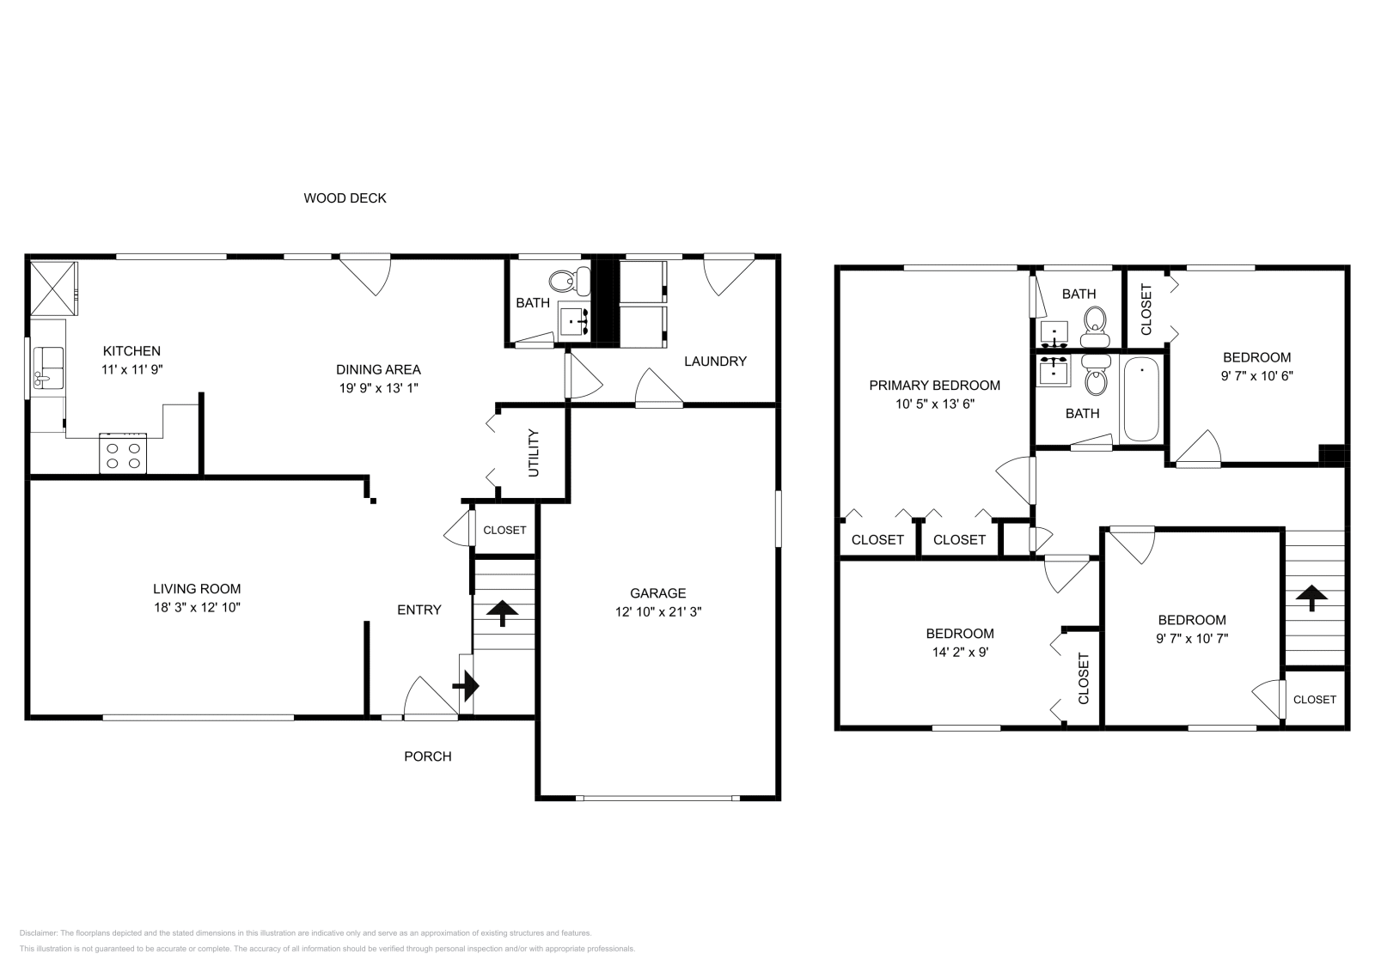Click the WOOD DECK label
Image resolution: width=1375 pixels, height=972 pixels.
[x=345, y=198]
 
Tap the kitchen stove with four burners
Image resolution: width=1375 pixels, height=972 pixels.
[x=123, y=453]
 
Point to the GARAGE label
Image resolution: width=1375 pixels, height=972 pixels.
[x=657, y=593]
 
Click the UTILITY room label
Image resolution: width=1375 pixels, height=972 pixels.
[x=533, y=453]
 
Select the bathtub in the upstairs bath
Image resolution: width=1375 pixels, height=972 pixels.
[x=1140, y=399]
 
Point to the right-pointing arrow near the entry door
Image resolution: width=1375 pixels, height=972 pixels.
[x=466, y=685]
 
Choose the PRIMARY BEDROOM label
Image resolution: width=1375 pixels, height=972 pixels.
[x=934, y=386]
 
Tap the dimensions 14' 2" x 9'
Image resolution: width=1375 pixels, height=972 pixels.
[x=959, y=652]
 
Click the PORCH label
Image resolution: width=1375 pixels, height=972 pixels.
[x=428, y=756]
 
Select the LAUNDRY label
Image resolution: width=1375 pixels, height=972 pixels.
[x=715, y=361]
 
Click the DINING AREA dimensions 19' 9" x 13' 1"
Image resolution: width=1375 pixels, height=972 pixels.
[x=378, y=388]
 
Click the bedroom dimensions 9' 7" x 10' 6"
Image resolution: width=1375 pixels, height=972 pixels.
[x=1256, y=376]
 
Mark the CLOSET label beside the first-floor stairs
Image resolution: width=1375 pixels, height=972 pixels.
[x=504, y=531]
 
